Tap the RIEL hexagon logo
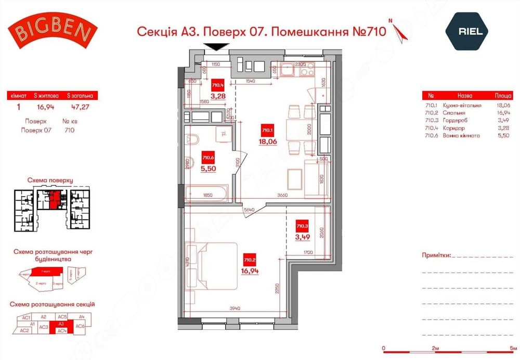(470, 31)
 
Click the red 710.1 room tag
(267, 131)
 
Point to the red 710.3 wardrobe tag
(302, 226)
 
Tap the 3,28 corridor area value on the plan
(218, 95)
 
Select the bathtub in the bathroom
(206, 194)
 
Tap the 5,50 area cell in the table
(488, 136)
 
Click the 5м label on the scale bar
(514, 348)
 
